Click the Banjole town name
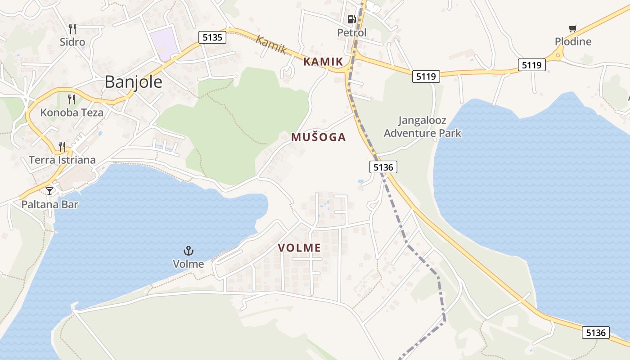(133, 82)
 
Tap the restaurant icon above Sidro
(72, 29)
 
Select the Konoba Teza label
(72, 112)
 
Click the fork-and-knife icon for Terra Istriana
(62, 146)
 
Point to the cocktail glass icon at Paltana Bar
(49, 191)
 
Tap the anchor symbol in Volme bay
(188, 251)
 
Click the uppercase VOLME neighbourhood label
(299, 247)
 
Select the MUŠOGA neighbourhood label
(319, 137)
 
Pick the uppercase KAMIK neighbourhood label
(323, 62)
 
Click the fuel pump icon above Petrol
(351, 19)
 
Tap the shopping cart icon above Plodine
(572, 29)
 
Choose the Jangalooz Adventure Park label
(422, 127)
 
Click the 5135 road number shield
(212, 37)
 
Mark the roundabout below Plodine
(558, 56)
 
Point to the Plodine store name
(573, 42)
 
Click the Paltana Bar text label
(49, 205)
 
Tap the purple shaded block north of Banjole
(163, 43)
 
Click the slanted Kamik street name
(270, 45)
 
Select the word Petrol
(352, 33)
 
